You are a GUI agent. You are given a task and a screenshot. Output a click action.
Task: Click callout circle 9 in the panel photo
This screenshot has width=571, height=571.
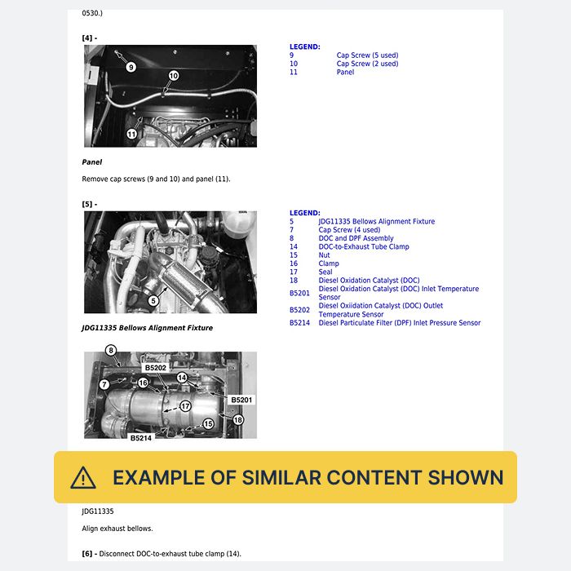coord(131,67)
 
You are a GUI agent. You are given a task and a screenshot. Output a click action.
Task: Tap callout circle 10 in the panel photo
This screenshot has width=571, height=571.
coord(174,76)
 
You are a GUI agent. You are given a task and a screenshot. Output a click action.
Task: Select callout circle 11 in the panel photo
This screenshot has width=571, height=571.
coord(131,134)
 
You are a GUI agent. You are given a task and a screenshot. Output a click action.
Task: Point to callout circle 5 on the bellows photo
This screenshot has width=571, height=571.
coord(153,301)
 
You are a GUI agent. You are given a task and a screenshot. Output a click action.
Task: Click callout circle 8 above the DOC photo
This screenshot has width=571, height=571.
coord(111,350)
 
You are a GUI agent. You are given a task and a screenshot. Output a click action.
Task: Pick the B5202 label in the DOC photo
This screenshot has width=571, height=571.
coord(156,368)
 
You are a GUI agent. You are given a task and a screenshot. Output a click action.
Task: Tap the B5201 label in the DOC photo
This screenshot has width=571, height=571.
coord(241,400)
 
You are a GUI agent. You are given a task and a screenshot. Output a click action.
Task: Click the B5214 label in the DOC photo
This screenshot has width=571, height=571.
coord(141,438)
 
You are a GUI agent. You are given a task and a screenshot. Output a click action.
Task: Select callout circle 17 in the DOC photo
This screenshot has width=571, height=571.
coord(185,406)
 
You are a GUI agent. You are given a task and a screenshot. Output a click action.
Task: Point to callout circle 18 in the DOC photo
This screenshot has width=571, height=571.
coord(238,420)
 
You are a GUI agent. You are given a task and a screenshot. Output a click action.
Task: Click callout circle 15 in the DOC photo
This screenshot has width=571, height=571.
coord(208,424)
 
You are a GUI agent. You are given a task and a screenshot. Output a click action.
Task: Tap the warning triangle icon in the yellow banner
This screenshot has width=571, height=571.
coord(83,478)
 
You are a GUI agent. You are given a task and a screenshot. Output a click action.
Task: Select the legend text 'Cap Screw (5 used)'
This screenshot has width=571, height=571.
coord(367,55)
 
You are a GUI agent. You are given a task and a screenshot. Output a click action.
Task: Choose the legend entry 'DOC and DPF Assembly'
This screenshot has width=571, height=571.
coord(356,238)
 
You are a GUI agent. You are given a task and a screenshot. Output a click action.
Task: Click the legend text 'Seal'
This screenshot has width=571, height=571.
coord(325,272)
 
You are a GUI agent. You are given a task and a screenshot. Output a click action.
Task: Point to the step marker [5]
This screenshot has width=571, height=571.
coord(90,204)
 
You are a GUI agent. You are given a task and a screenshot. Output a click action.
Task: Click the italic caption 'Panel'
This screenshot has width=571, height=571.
coord(91,162)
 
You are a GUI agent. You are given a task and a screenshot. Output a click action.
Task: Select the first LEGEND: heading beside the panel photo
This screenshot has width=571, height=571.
coord(305,46)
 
